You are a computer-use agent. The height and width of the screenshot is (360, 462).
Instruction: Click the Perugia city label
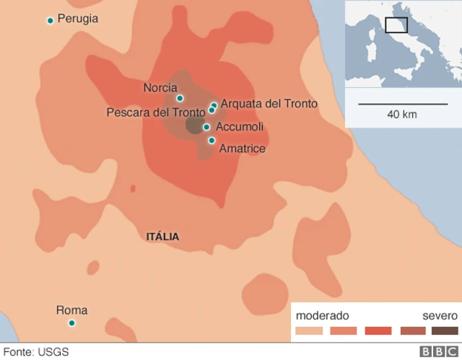pyautogui.click(x=77, y=19)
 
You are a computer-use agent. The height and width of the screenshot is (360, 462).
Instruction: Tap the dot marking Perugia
pyautogui.click(x=50, y=20)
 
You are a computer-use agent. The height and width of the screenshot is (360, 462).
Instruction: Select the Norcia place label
pyautogui.click(x=160, y=88)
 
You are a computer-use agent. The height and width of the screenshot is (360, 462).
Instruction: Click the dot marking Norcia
pyautogui.click(x=180, y=98)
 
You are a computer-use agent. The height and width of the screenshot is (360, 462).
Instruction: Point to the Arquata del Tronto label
pyautogui.click(x=269, y=104)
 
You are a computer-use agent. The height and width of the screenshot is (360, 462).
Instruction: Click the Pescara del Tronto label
pyautogui.click(x=155, y=113)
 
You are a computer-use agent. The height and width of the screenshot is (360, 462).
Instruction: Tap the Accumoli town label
pyautogui.click(x=240, y=127)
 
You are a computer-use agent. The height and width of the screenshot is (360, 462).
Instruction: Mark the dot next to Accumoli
pyautogui.click(x=206, y=127)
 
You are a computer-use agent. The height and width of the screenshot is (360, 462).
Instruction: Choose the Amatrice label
pyautogui.click(x=243, y=149)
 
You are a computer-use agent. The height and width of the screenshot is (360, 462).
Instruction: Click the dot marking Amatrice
pyautogui.click(x=212, y=140)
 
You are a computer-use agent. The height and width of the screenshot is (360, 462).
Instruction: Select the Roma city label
pyautogui.click(x=71, y=311)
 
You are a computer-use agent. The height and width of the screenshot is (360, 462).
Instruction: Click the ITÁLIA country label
pyautogui.click(x=162, y=237)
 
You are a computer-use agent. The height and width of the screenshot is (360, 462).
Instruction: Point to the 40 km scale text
pyautogui.click(x=401, y=114)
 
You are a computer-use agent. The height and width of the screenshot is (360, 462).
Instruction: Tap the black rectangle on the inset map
pyautogui.click(x=396, y=25)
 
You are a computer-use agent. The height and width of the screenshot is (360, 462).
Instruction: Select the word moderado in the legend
pyautogui.click(x=323, y=315)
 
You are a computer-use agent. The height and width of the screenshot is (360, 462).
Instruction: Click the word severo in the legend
pyautogui.click(x=439, y=315)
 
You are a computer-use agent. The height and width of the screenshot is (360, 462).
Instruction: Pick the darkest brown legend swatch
pyautogui.click(x=445, y=331)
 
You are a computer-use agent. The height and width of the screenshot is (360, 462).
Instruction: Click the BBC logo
pyautogui.click(x=435, y=352)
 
